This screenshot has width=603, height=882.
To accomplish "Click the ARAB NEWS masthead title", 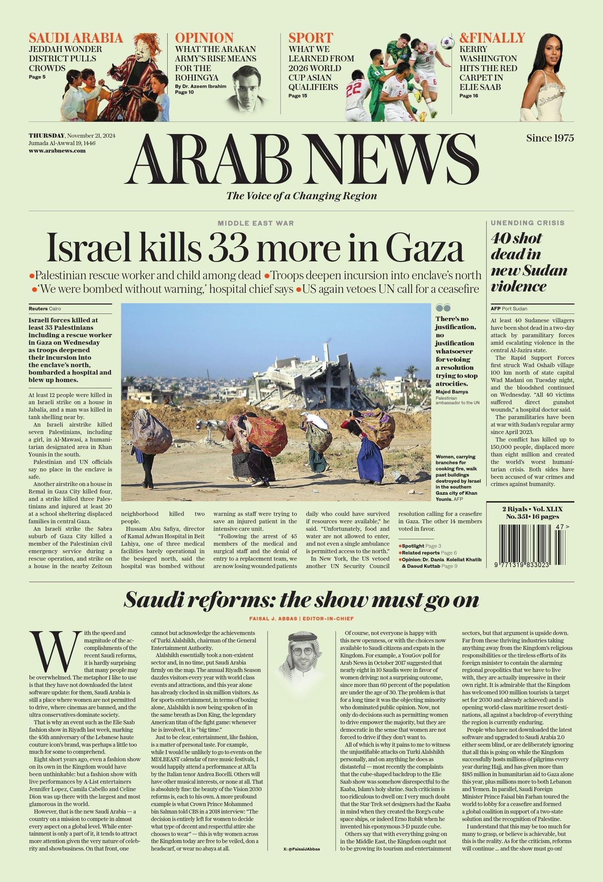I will point(301,158).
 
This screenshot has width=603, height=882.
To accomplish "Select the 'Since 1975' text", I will point(550,138).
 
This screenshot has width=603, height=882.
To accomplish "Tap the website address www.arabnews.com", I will point(57,151).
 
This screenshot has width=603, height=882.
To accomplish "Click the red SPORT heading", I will point(311,38).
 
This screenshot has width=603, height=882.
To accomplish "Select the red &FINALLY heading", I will point(492,38).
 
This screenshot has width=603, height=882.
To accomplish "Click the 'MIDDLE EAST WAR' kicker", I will point(255,223).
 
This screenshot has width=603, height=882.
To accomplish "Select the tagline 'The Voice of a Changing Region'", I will point(301,196).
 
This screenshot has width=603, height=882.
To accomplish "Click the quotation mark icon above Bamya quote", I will point(443,307).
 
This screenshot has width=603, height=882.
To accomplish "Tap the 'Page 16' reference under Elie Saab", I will point(468,96).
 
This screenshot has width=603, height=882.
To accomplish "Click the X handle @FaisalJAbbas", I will point(301,849).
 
